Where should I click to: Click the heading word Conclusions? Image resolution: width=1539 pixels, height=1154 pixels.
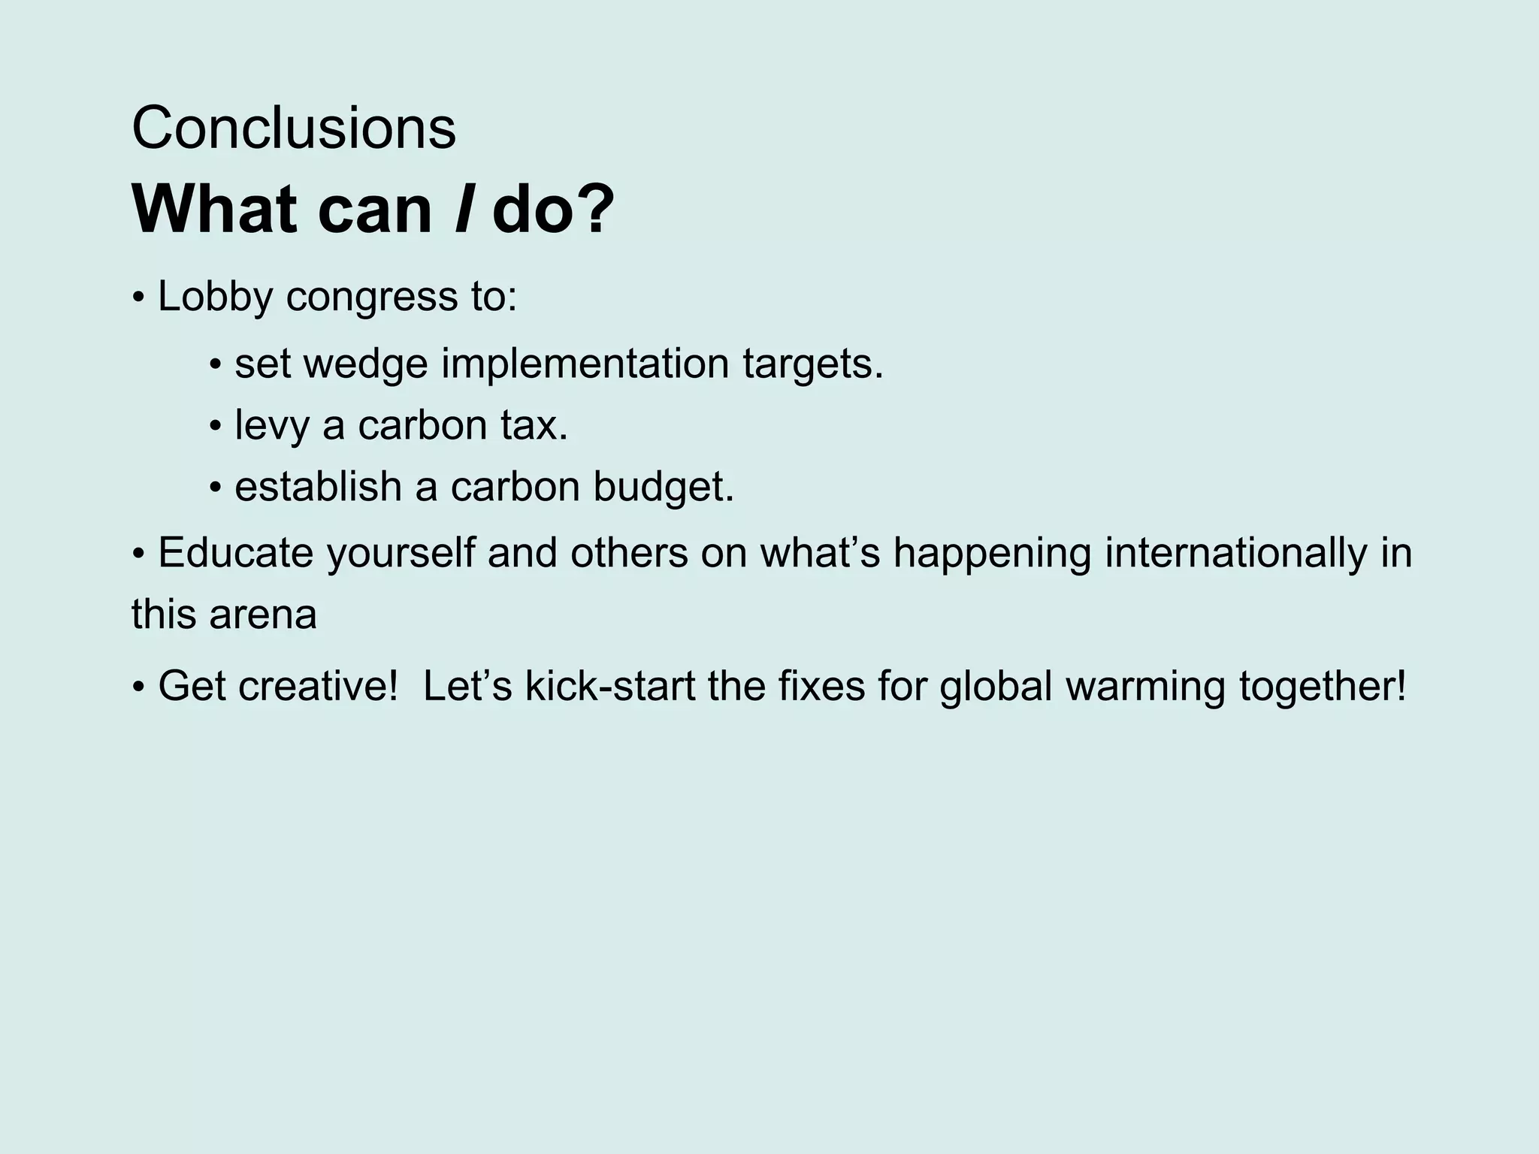[x=294, y=128]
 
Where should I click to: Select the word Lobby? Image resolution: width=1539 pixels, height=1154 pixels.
[x=215, y=296]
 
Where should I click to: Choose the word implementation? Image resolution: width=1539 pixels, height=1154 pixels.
[x=585, y=364]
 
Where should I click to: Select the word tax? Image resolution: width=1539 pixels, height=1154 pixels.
[x=533, y=425]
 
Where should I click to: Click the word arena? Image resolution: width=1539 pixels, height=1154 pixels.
[x=263, y=615]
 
